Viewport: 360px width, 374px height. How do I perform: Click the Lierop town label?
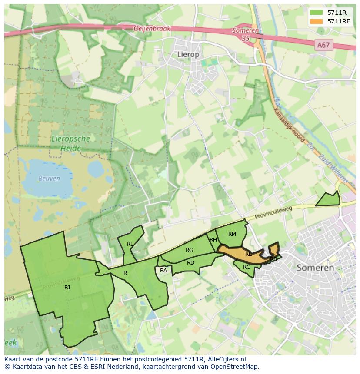[x=188, y=54]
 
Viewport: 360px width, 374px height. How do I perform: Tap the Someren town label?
[x=315, y=268]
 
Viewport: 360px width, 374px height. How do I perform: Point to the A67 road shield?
[x=323, y=45]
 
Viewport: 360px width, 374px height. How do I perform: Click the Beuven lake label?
[x=49, y=179]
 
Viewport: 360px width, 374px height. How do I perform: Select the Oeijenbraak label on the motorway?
[x=152, y=29]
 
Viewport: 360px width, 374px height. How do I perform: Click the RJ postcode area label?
[x=67, y=288]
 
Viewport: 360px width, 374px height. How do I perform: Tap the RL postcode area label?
[x=130, y=244]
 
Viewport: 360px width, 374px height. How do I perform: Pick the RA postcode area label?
[x=163, y=271]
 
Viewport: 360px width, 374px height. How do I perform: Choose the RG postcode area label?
[x=189, y=250]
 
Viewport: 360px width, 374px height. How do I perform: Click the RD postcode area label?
[x=190, y=263]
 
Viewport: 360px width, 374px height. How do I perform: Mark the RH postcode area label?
[x=213, y=240]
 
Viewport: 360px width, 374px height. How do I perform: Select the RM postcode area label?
[x=232, y=234]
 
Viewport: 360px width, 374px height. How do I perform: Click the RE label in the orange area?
[x=249, y=254]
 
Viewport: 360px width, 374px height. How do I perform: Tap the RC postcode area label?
[x=247, y=267]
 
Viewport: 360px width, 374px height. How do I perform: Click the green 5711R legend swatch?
[x=316, y=13]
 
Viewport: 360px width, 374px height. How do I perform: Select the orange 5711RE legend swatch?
[x=316, y=21]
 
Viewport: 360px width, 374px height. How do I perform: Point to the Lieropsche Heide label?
[x=70, y=144]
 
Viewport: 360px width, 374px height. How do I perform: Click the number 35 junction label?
[x=246, y=38]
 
